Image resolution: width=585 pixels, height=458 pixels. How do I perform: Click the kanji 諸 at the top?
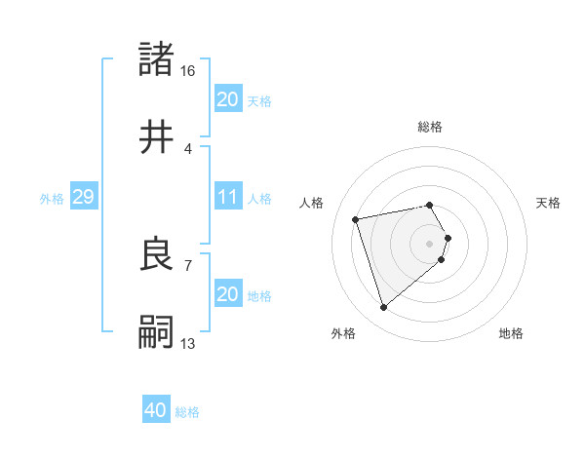(157, 59)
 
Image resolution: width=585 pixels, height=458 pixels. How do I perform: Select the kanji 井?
(157, 137)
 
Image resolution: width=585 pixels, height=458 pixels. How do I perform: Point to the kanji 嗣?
(157, 333)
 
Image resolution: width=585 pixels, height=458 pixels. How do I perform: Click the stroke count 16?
(187, 71)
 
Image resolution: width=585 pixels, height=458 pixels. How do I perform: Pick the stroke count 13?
(187, 343)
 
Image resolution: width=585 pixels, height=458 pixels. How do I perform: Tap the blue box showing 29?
(83, 198)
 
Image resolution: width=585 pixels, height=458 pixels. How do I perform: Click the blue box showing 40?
(156, 411)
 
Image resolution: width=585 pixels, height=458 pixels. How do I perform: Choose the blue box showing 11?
(228, 198)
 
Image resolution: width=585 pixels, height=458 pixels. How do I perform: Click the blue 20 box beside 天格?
(228, 99)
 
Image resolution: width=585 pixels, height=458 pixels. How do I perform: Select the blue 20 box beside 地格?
(228, 294)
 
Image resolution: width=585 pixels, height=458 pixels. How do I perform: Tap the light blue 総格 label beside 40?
(188, 412)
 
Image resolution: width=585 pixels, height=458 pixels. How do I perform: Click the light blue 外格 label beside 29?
(52, 199)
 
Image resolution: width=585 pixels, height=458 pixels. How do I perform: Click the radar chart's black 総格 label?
(430, 127)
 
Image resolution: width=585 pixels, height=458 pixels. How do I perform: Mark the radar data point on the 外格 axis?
(383, 308)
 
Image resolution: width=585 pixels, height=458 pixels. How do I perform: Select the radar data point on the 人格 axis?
(356, 218)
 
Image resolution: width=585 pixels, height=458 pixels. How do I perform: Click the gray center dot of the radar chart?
(430, 242)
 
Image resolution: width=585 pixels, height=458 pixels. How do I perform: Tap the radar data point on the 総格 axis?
(430, 205)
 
